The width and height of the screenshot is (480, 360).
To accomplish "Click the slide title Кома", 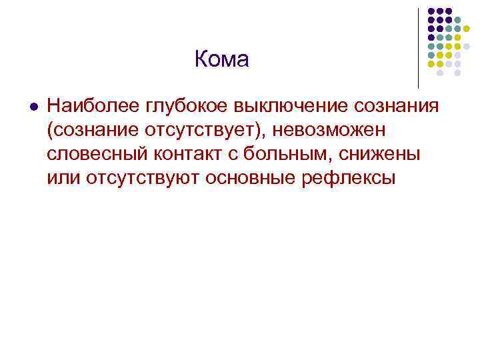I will click(x=221, y=60).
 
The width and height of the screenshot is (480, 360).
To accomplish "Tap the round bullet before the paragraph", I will click(x=35, y=106).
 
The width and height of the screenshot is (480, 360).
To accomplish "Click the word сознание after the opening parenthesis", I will click(x=90, y=131).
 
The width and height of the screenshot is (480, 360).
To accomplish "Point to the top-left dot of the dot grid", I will click(x=431, y=11).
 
